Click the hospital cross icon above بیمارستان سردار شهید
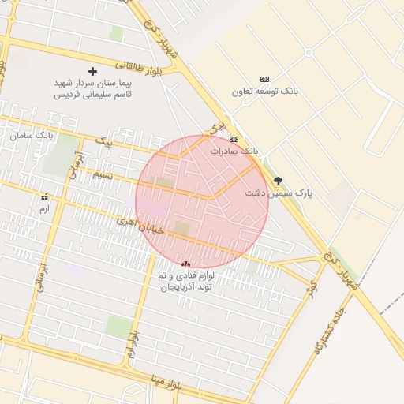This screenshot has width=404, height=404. tap(93, 71)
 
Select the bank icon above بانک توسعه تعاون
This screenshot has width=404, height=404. tap(264, 79)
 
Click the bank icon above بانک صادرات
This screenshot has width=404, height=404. tap(234, 139)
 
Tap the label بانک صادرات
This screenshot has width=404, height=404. tap(234, 150)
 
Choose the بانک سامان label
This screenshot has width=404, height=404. tap(32, 135)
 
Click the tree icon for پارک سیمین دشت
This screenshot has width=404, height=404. tap(277, 180)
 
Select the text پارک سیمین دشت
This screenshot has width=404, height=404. tap(279, 193)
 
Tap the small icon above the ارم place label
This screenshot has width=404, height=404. tap(44, 196)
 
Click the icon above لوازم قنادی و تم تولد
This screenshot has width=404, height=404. tap(185, 264)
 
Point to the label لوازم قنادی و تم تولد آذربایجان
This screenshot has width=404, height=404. tap(187, 282)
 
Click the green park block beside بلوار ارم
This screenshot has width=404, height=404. tap(118, 326)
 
